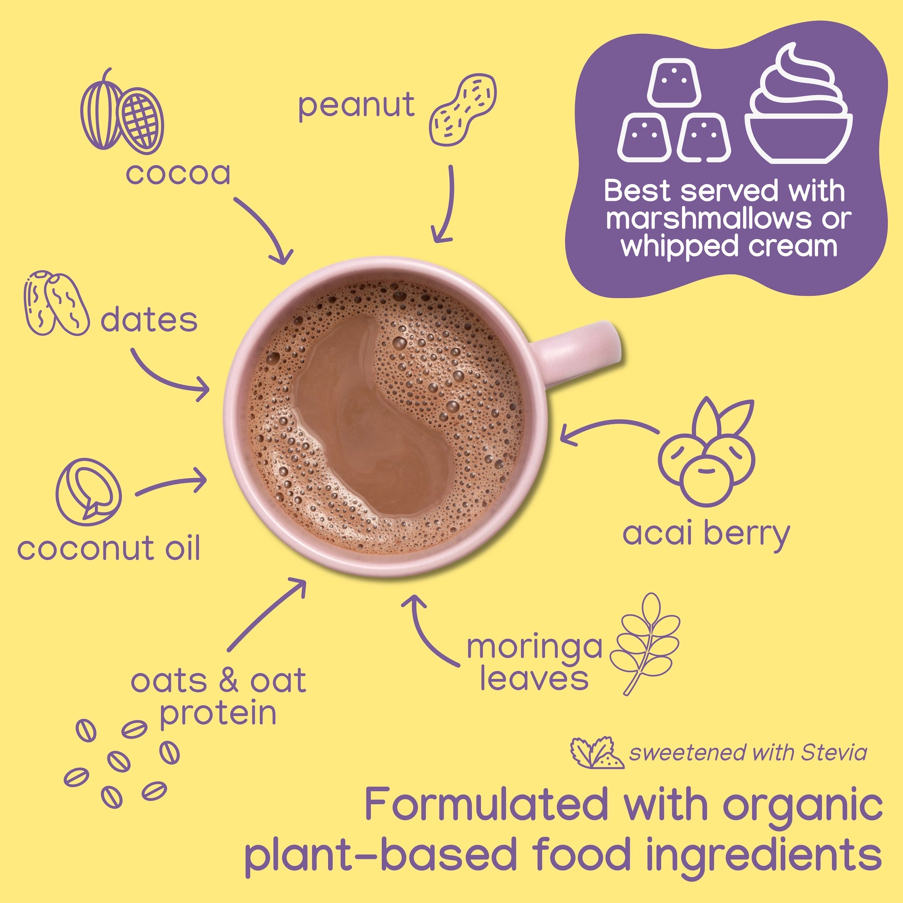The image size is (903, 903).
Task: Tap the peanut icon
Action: pyautogui.click(x=462, y=108)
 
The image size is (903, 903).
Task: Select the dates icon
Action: pyautogui.click(x=55, y=303)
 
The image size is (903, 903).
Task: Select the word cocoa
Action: pyautogui.click(x=178, y=173)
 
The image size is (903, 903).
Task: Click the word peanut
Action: pyautogui.click(x=356, y=106)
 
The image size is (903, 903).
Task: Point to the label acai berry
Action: pyautogui.click(x=706, y=534)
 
